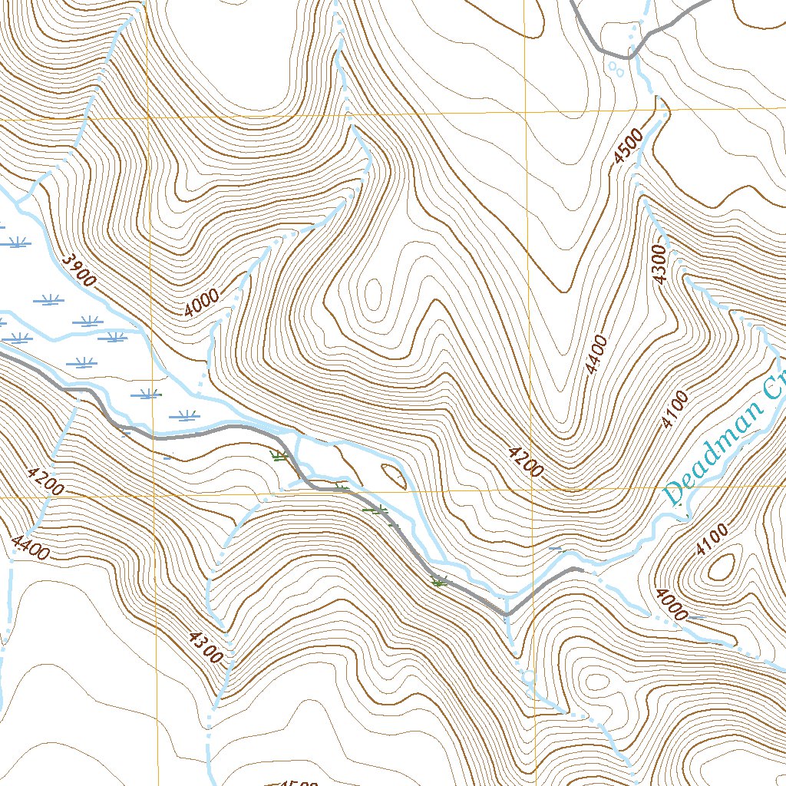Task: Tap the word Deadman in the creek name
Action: (715, 454)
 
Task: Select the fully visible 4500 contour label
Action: (629, 147)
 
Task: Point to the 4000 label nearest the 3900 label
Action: (202, 304)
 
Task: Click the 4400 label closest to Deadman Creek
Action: (596, 355)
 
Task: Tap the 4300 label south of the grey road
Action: (203, 646)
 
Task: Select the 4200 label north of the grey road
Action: (526, 460)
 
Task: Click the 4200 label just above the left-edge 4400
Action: (45, 481)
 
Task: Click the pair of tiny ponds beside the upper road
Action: (615, 69)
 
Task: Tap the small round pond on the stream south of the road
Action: (528, 677)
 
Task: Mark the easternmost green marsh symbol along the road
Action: (439, 583)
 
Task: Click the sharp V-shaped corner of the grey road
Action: (506, 615)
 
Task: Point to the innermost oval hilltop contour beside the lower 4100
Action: (722, 568)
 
